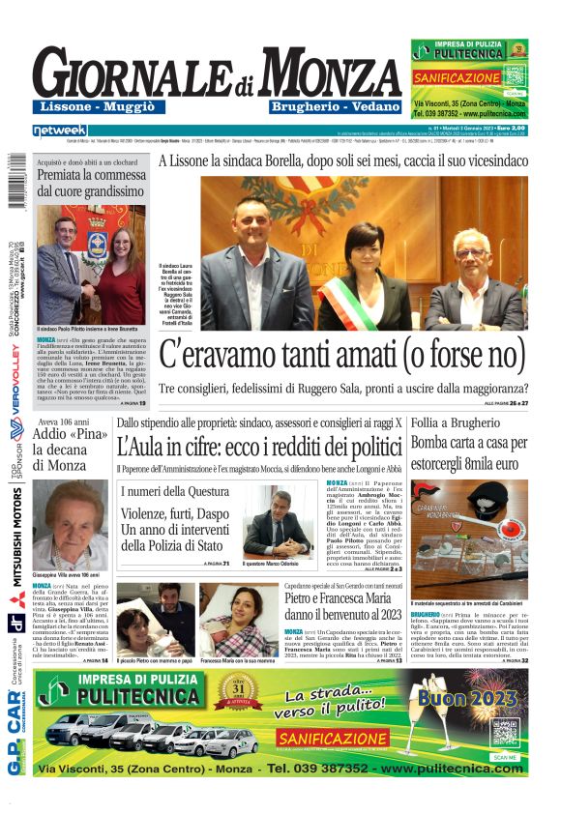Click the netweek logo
point(59,130)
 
